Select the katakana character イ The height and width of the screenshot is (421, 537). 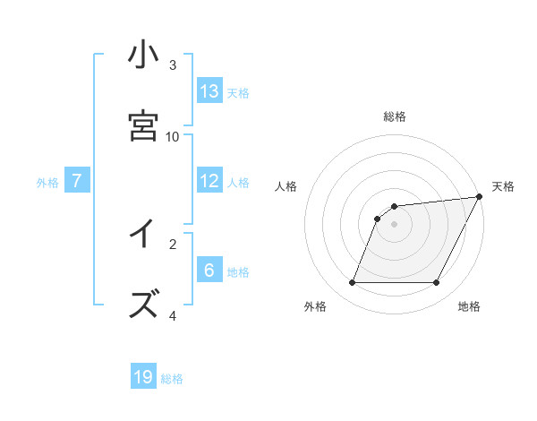point(143,235)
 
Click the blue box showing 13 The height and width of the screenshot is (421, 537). point(209,91)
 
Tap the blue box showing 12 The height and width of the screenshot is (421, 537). point(209,181)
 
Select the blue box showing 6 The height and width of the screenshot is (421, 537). point(209,271)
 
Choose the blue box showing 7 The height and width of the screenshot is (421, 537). point(77,181)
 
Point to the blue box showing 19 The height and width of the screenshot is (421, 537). point(143,377)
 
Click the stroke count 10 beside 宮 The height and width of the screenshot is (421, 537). point(173,136)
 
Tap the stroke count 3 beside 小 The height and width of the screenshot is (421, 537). point(173,64)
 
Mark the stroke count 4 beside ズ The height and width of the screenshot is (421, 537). point(173,315)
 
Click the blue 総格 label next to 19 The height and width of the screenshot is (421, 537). point(172,379)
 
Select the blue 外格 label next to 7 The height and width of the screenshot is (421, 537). point(47,183)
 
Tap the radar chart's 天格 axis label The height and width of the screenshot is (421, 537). point(503,186)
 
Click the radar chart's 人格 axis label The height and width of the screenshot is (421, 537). point(286,186)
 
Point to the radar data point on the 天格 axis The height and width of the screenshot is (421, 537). point(480,197)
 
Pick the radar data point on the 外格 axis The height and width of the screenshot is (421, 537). point(352,283)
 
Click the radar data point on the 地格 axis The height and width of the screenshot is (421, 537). point(436,283)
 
